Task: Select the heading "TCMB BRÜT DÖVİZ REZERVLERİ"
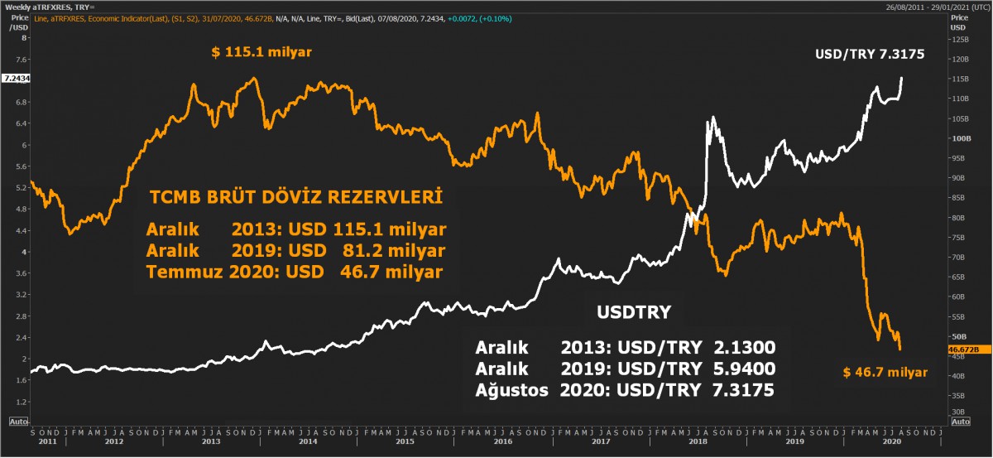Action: pyautogui.click(x=295, y=198)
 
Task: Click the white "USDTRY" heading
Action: pyautogui.click(x=633, y=312)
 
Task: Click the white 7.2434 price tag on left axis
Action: pyautogui.click(x=16, y=78)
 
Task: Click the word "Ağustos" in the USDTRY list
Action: pyautogui.click(x=511, y=391)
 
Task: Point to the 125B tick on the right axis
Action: pyautogui.click(x=959, y=40)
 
